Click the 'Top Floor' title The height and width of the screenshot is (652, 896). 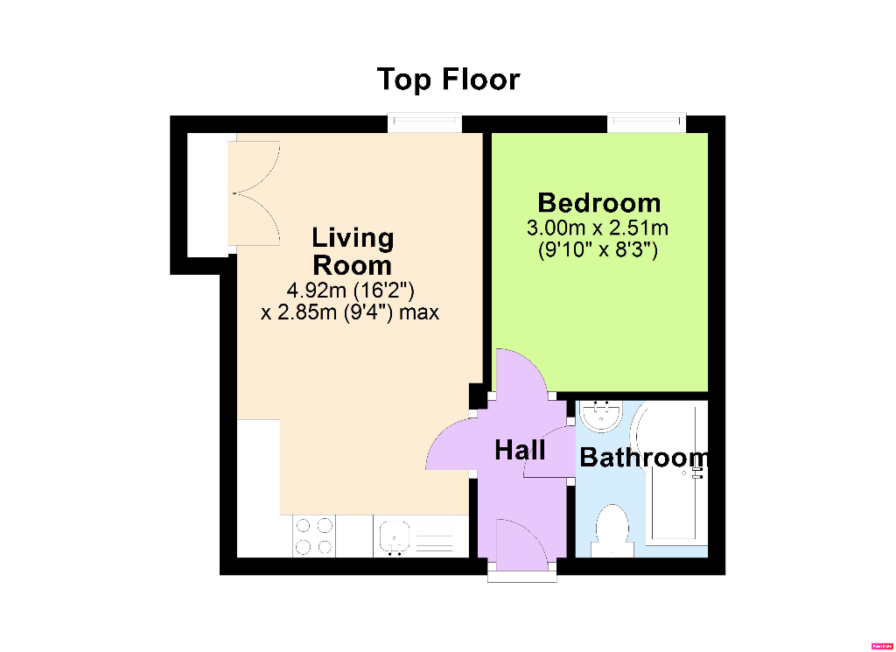point(448,80)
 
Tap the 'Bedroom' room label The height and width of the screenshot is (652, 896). point(598,203)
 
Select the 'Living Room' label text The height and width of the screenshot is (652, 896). point(353,250)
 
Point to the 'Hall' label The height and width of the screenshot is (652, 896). point(520,451)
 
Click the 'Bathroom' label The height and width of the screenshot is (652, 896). point(643,457)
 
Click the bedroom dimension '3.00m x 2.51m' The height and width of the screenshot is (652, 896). point(598,229)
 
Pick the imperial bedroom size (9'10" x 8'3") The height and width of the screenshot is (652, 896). point(598,250)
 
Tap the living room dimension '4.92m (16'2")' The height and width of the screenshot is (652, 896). point(350,290)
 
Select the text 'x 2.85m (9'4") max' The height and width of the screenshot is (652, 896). point(350,312)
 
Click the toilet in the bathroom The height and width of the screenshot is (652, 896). point(611,529)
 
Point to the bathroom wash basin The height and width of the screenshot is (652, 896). point(602,416)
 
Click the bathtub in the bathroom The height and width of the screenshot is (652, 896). point(673,473)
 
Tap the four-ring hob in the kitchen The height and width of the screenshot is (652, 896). point(314,536)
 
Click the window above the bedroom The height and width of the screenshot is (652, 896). point(647,123)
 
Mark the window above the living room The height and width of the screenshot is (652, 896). point(424,123)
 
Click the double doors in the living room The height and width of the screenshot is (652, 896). point(254,194)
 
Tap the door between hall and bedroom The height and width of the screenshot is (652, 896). point(522,375)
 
